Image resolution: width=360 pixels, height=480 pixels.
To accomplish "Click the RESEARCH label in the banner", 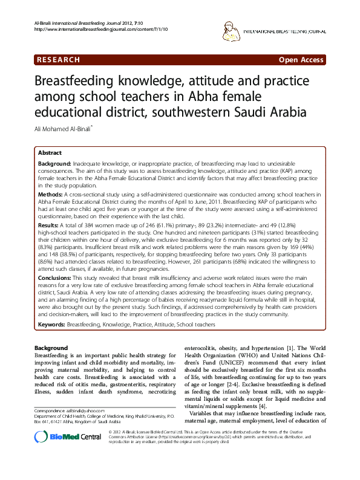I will point(58,60).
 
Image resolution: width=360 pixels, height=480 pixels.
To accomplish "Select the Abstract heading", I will point(50,154).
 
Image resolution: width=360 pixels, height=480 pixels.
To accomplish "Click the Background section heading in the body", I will point(51,348).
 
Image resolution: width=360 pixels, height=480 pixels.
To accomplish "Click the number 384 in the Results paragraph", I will point(94,224).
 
